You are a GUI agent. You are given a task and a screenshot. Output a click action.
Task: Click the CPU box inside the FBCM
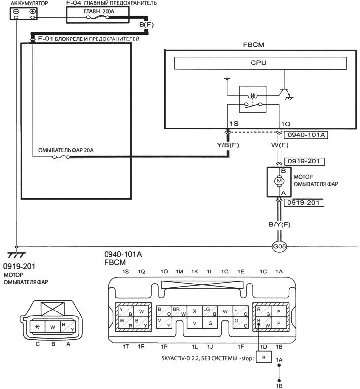(x=260, y=63)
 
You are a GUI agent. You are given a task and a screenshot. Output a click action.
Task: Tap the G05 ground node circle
(x=279, y=247)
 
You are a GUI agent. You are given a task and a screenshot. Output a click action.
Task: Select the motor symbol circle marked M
(x=279, y=181)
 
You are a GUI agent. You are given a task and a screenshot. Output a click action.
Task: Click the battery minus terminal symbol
(x=16, y=11)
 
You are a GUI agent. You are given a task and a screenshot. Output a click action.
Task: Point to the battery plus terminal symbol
(x=32, y=11)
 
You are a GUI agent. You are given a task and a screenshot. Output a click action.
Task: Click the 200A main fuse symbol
(x=98, y=17)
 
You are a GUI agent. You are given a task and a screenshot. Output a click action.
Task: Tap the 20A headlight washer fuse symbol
(x=61, y=157)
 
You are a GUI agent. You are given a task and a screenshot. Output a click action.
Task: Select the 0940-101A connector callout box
(x=306, y=135)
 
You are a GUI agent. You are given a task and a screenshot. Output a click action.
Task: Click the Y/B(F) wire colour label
(x=228, y=145)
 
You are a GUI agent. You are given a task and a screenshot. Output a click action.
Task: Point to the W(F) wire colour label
(x=280, y=145)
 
